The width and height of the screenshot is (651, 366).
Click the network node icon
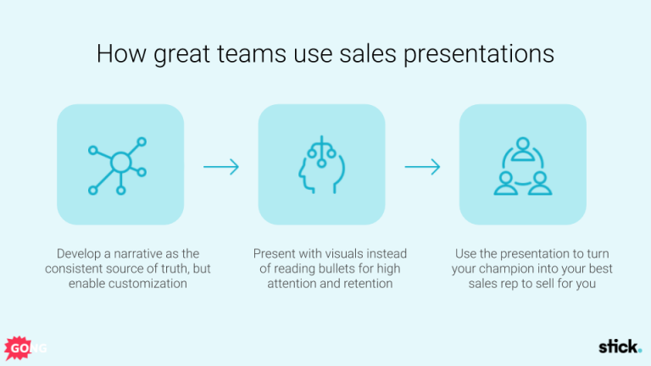120,164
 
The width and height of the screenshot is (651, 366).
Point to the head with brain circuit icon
320,164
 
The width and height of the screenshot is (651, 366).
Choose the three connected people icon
522,164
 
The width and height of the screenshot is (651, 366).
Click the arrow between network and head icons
220,166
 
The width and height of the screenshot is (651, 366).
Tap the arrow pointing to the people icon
422,166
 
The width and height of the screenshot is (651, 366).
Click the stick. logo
620,346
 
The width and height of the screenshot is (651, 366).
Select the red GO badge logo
17,347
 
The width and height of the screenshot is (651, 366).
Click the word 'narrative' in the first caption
134,253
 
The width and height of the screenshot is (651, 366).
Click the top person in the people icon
522,147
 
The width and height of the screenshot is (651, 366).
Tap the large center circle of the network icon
120,161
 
